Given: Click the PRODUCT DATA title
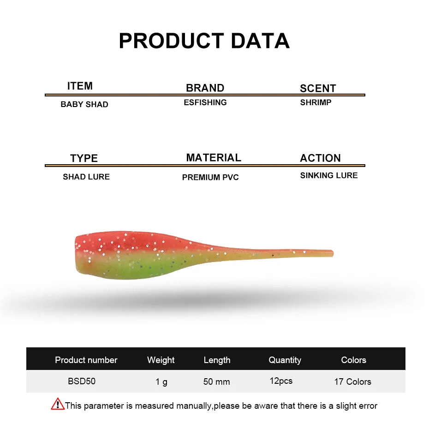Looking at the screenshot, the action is [x=204, y=41].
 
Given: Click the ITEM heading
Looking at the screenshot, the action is [x=80, y=86].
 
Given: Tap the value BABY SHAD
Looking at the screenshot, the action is [x=84, y=104].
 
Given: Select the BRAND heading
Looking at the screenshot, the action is [x=205, y=88].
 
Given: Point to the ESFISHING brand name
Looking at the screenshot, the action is [x=205, y=102].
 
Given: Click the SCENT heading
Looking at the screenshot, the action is [x=318, y=89].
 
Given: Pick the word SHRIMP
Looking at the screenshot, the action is [x=316, y=102].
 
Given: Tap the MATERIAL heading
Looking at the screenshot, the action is [x=214, y=158].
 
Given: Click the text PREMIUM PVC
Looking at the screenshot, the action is [x=210, y=177].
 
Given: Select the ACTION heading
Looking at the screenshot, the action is [x=321, y=158].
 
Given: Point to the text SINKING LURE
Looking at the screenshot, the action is [x=329, y=175].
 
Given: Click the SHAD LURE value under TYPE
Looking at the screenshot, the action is [x=86, y=177].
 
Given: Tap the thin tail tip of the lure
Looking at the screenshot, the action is [x=333, y=253].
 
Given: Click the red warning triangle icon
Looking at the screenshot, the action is [x=58, y=404].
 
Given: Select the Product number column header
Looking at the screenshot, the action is [x=86, y=360].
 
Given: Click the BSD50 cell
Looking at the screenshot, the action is [x=82, y=381].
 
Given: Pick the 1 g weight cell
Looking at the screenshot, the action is [x=161, y=381].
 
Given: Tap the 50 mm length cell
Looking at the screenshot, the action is [x=216, y=381].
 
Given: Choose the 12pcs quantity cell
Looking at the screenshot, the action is [x=281, y=381].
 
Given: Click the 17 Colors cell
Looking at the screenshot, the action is [x=353, y=381].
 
